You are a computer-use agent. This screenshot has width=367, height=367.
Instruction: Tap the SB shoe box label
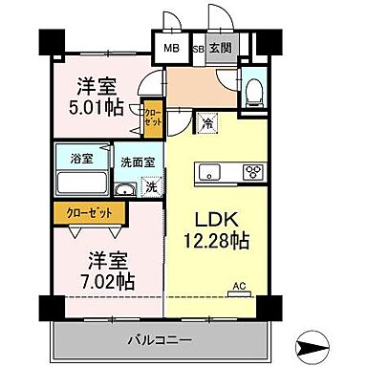[x=198, y=49]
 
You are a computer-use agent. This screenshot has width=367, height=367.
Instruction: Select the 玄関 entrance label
[x=219, y=49]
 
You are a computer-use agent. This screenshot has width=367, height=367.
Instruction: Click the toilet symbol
[x=252, y=92]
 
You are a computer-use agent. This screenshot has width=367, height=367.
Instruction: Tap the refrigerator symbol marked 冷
[x=207, y=122]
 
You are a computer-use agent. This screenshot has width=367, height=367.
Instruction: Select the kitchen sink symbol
[x=211, y=174]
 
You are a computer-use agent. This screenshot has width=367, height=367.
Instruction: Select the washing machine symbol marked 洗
[x=149, y=187]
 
